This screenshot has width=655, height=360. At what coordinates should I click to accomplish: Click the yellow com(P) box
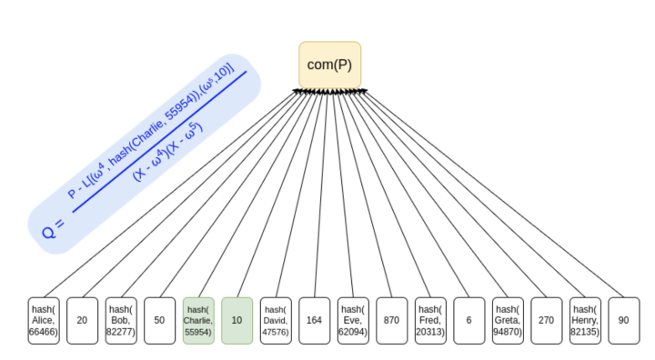[x=329, y=65]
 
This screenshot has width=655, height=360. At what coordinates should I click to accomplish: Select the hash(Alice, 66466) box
[x=44, y=321]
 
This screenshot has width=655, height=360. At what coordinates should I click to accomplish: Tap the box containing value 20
[x=82, y=321]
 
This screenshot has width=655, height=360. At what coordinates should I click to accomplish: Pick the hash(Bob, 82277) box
[x=121, y=321]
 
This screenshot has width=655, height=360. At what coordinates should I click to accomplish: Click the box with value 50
[x=159, y=321]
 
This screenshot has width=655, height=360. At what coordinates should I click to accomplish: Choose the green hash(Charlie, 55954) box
[x=198, y=321]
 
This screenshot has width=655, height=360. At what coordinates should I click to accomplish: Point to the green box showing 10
[x=237, y=321]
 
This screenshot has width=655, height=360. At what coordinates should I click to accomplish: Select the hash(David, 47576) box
[x=276, y=321]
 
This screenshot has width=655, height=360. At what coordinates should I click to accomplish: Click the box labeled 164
[x=314, y=321]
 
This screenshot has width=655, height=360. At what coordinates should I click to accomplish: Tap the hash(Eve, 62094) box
[x=353, y=321]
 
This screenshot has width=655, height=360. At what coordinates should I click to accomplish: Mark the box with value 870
[x=391, y=321]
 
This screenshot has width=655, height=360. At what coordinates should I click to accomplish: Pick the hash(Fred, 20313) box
[x=430, y=321]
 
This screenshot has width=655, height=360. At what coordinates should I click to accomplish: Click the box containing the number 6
[x=469, y=321]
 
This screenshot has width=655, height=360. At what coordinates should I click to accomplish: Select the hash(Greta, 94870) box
[x=508, y=321]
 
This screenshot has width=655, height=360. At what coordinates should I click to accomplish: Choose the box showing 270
[x=547, y=321]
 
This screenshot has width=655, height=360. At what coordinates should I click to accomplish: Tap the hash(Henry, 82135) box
[x=585, y=321]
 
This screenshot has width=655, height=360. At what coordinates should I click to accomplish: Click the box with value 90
[x=624, y=321]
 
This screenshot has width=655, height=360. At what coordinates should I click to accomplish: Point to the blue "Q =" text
[x=54, y=229]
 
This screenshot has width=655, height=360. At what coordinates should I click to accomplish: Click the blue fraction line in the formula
[x=159, y=142]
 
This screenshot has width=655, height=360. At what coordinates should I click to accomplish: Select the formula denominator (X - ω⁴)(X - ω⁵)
[x=168, y=151]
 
